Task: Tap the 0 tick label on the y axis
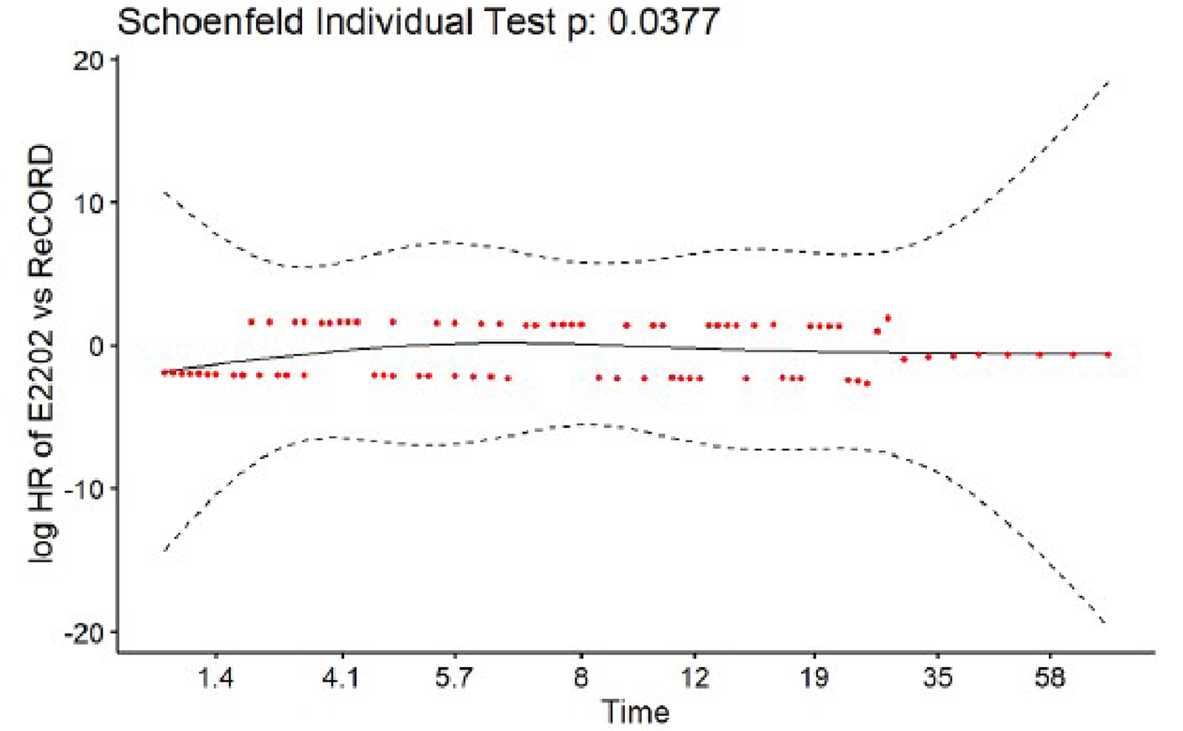point(96,347)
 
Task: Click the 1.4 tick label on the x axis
point(216,677)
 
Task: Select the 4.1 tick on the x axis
point(341,677)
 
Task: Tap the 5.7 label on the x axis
point(454,677)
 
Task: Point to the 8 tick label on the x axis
point(581,677)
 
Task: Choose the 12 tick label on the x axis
point(694,677)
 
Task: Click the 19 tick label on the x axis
point(814,677)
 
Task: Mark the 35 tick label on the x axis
point(937,677)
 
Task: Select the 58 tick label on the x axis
point(1050,677)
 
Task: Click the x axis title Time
point(635,713)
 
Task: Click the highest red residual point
point(888,318)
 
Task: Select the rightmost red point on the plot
point(1108,355)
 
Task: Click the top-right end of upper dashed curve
point(1108,82)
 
